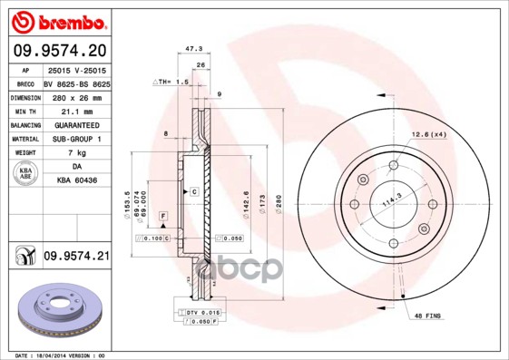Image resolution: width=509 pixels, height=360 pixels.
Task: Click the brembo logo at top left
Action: pyautogui.click(x=58, y=19)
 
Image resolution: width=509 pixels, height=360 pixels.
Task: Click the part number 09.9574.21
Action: pyautogui.click(x=76, y=257)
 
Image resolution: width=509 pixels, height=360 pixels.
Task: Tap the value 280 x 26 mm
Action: pyautogui.click(x=76, y=96)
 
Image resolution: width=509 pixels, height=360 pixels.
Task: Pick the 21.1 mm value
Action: pyautogui.click(x=76, y=110)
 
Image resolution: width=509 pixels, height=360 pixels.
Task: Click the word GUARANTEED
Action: pyautogui.click(x=76, y=124)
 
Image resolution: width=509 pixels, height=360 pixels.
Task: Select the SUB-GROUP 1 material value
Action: pyautogui.click(x=76, y=139)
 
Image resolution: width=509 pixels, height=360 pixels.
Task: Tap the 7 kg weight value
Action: pyautogui.click(x=76, y=153)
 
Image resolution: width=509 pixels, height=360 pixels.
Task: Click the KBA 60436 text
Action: pyautogui.click(x=76, y=181)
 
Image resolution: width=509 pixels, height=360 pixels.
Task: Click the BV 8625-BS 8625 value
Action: pyautogui.click(x=76, y=82)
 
